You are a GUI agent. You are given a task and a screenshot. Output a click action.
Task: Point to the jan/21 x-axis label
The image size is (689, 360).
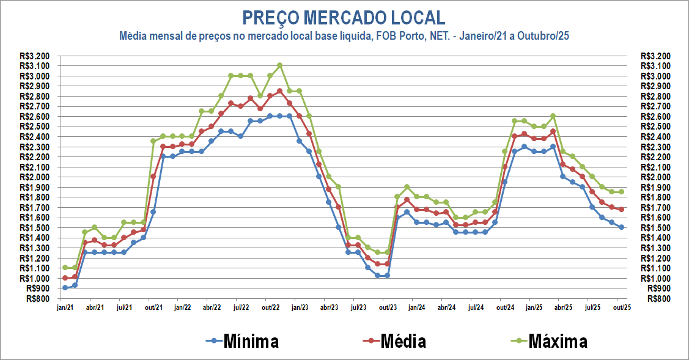click(65, 307)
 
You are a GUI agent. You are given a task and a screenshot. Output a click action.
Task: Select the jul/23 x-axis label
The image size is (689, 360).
click(358, 307)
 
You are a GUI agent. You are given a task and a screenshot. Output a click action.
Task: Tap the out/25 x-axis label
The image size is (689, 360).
click(621, 307)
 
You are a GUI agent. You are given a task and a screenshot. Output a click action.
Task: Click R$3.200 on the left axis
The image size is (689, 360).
click(34, 56)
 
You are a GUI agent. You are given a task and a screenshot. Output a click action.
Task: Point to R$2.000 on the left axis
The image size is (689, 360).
click(34, 177)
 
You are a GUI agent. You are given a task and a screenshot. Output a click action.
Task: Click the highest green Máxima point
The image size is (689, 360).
click(279, 65)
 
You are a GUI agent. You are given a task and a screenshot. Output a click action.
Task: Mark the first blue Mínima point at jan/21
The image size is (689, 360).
click(65, 288)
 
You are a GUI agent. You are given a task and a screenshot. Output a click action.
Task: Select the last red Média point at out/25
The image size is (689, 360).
click(621, 209)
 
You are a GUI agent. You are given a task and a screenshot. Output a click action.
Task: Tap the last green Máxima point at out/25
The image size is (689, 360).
click(621, 192)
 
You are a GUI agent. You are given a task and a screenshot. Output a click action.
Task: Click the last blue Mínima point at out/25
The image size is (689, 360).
click(621, 227)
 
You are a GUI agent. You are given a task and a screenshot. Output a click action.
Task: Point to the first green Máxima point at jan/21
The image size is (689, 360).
click(65, 268)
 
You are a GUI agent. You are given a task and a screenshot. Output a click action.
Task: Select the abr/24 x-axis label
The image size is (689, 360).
click(446, 307)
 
